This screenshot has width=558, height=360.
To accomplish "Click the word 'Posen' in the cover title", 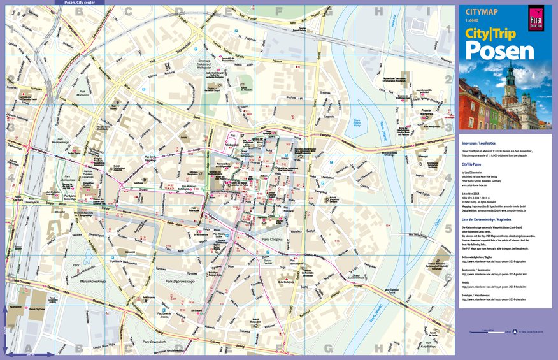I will click(490, 51).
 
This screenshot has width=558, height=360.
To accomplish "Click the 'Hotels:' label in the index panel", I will click(467, 282).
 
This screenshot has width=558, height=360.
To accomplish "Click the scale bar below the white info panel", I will click(490, 332).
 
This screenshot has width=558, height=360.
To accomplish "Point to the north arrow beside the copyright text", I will click(516, 332).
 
